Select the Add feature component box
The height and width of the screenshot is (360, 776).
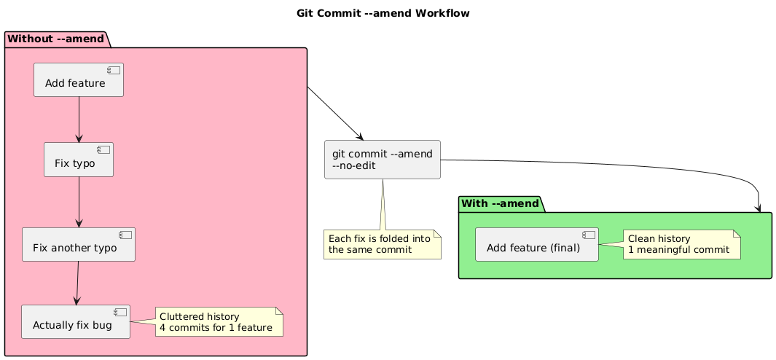79,80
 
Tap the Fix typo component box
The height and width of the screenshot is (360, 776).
79,160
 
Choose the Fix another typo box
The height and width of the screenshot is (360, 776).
79,245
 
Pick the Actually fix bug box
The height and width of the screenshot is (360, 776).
76,322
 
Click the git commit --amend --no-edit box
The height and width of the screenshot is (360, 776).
383,160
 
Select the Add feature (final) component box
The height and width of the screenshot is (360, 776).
537,244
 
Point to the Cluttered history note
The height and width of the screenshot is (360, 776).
219,322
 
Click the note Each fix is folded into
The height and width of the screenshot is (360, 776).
383,244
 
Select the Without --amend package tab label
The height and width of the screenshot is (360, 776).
55,38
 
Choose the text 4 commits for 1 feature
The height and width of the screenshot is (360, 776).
219,328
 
